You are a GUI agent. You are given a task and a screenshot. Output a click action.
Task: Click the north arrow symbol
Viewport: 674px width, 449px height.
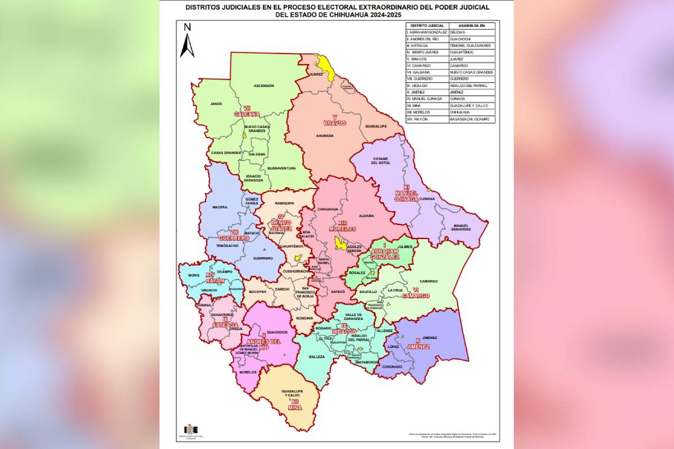pos(186,40)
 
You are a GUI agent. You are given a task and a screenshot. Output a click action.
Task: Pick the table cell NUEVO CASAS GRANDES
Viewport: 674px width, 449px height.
pos(471,72)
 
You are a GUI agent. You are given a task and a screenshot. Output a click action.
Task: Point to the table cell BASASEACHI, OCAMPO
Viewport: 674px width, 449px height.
pos(470,119)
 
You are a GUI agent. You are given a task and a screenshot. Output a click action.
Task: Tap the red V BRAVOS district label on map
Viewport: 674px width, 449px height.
pos(335,120)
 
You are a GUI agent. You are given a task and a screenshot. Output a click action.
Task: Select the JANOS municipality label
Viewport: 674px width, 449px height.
pos(216,104)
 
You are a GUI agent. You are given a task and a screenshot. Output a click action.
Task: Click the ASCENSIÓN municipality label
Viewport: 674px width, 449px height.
pos(263,86)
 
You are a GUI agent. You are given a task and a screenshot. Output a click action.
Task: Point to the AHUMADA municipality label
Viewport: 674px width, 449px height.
pos(325,135)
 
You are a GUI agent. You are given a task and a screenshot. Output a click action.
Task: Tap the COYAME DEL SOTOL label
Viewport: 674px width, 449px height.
pos(380,161)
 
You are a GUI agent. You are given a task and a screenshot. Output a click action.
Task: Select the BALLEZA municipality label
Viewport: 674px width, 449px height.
pos(317,356)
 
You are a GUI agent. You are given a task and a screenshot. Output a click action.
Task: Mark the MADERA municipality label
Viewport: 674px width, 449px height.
pos(220,207)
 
